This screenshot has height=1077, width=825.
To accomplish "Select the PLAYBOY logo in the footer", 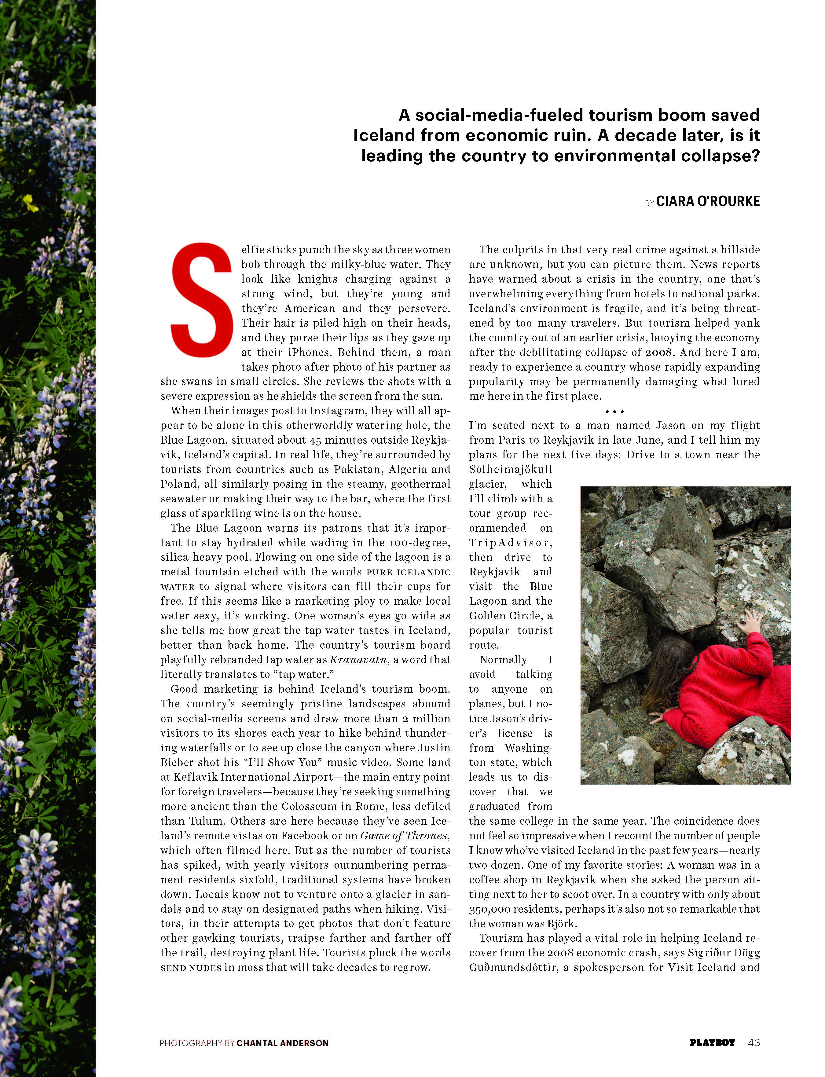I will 712,1042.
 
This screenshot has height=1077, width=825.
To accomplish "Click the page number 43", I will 754,1042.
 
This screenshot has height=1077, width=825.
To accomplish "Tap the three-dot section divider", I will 614,412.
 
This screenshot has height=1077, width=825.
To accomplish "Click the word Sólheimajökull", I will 511,470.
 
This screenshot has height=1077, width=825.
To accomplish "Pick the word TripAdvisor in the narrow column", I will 511,543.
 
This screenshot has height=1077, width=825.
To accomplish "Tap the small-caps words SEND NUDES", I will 191,968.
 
